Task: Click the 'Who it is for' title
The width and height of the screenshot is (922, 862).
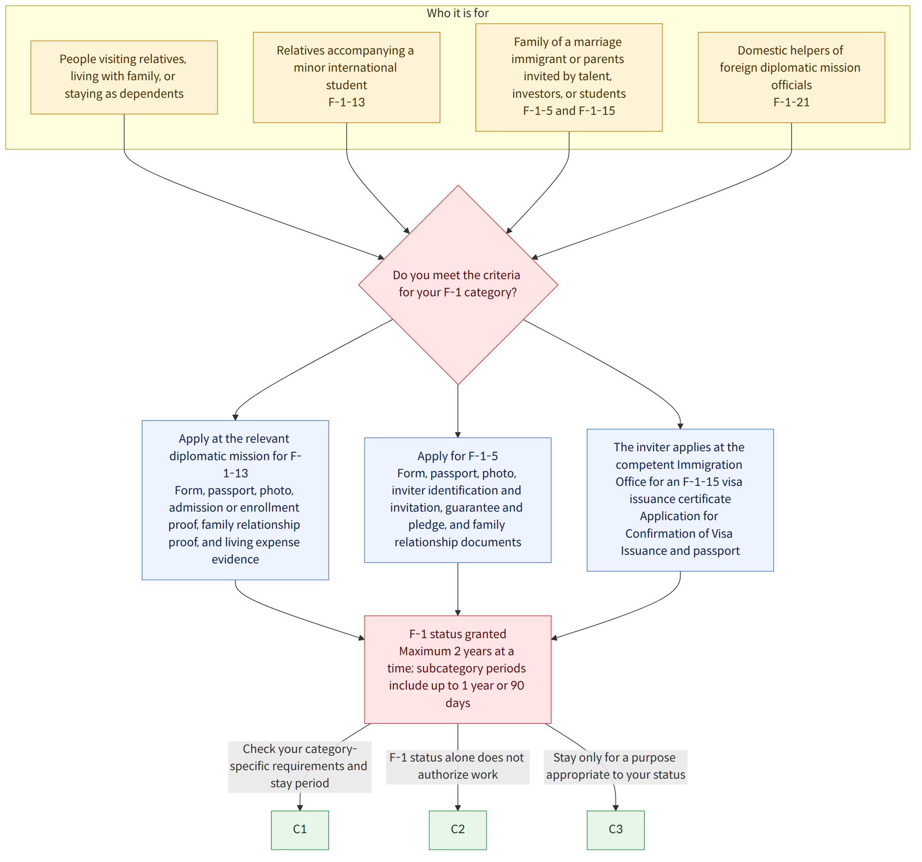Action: pos(458,13)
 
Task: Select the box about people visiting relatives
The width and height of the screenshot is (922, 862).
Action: pos(124,77)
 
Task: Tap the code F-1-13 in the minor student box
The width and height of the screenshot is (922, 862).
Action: pos(347,102)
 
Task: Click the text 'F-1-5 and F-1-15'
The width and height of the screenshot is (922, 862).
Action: pos(569,111)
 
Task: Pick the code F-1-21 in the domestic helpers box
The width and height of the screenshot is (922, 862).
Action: pos(791,102)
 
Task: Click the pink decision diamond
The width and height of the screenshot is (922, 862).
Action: pos(458,285)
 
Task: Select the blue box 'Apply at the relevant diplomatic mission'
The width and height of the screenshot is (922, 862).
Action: pos(235,500)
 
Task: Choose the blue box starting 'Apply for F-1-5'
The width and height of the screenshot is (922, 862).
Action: pos(458,500)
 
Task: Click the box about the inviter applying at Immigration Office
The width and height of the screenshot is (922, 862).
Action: pos(680,500)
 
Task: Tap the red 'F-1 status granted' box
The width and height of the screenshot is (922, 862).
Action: pos(458,669)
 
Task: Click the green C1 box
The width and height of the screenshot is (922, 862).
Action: pos(300,830)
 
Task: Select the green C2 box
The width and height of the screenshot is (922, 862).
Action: pos(458,830)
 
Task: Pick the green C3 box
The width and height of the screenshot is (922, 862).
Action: pos(616,830)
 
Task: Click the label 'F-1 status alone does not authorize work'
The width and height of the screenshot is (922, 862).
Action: pos(458,766)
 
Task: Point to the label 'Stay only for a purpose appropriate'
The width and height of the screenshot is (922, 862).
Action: pos(616,766)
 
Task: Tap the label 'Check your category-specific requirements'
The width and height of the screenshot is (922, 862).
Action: pos(299,766)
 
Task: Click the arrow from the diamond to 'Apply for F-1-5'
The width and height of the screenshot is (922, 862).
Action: pos(458,411)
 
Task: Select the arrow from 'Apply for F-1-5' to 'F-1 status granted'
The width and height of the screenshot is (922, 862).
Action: pos(458,589)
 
